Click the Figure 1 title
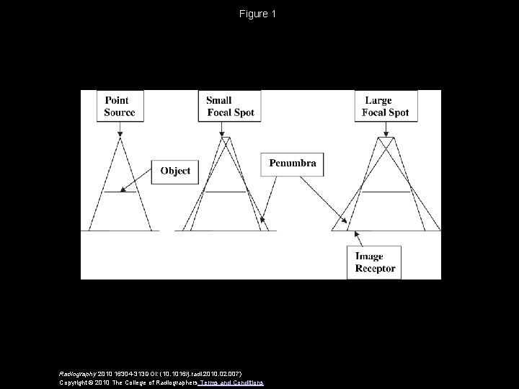click(257, 14)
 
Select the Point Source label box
click(120, 107)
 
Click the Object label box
click(175, 171)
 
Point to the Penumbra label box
click(293, 164)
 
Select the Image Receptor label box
click(375, 262)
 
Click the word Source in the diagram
click(120, 112)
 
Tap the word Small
click(219, 101)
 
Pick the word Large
click(378, 101)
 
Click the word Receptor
click(376, 269)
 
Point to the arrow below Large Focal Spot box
click(387, 130)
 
